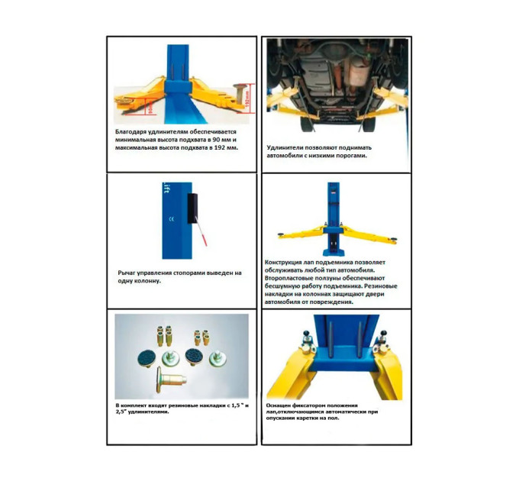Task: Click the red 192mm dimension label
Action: [x=250, y=98]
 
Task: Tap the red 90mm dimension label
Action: [x=151, y=108]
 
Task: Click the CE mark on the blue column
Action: [x=171, y=219]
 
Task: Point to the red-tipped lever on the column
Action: [x=201, y=231]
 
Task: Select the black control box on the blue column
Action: [x=192, y=208]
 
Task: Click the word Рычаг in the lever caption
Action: [x=126, y=273]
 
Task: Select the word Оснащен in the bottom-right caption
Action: [x=278, y=405]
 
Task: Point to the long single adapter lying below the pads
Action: [x=169, y=379]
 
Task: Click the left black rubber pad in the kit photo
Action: [x=147, y=358]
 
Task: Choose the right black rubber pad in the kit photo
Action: [x=195, y=357]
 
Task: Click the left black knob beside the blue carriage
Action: [x=305, y=333]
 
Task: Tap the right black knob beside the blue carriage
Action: [x=384, y=333]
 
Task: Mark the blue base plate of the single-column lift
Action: [x=334, y=252]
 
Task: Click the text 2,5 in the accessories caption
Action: [x=120, y=412]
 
